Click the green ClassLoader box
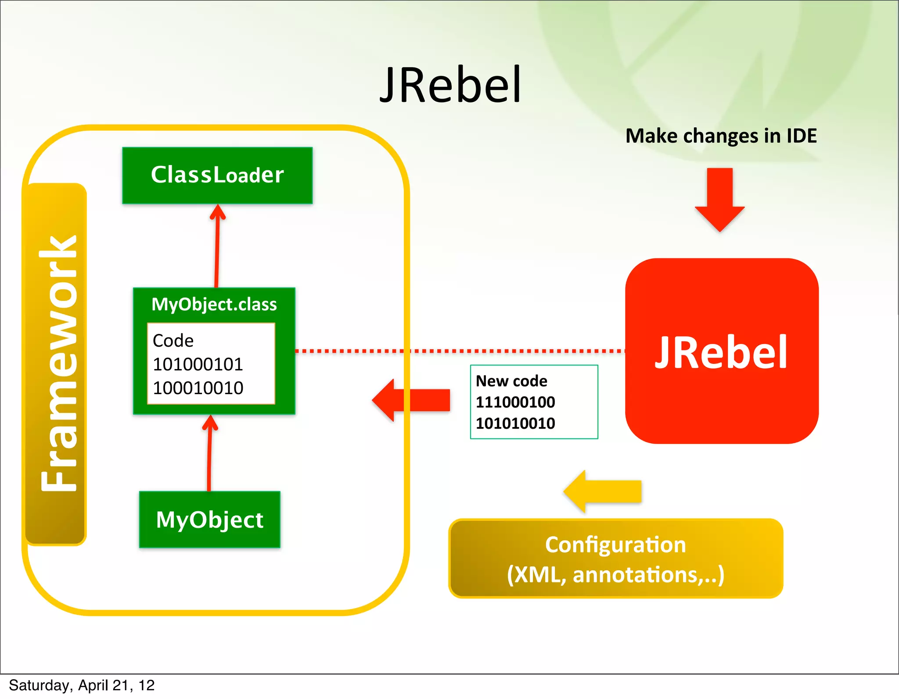(217, 175)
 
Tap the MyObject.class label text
(214, 304)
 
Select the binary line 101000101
(198, 364)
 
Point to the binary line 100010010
(198, 388)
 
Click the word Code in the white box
(173, 341)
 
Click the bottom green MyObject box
(209, 520)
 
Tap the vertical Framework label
(57, 364)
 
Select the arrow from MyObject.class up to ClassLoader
(217, 246)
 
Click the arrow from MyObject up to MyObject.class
(209, 452)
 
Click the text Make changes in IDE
(721, 136)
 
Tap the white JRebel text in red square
(721, 352)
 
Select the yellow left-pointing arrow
(603, 491)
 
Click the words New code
(511, 381)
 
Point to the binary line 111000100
(515, 402)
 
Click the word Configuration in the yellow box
(615, 545)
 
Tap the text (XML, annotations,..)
(615, 575)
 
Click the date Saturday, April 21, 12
(82, 685)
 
